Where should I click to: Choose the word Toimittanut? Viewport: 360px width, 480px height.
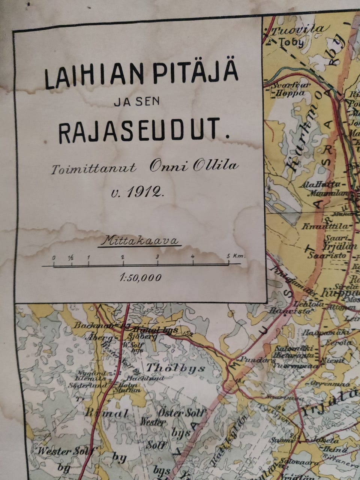tap(93, 169)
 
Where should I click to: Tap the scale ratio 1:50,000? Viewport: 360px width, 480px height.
tap(140, 278)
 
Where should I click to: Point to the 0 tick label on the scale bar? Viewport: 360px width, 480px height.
tap(54, 258)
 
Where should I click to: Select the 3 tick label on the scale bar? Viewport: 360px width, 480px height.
tap(157, 257)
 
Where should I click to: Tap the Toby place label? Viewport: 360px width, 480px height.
tap(292, 42)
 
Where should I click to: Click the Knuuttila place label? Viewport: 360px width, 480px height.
tap(327, 226)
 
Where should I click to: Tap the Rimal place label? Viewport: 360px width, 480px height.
tap(106, 414)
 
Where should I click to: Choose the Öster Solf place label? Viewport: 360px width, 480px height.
tap(181, 413)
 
